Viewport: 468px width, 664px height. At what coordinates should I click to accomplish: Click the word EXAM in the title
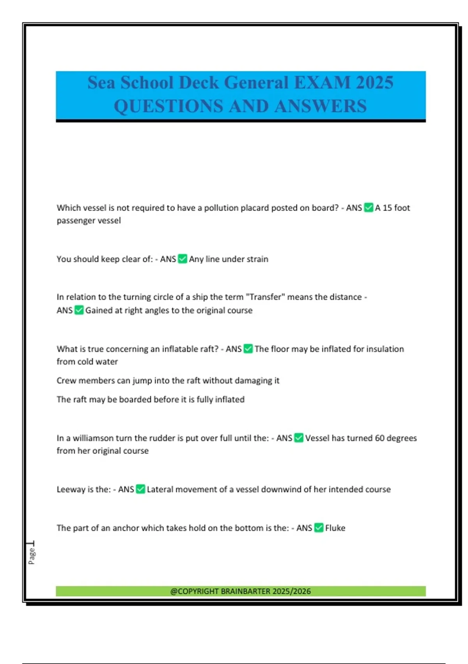coord(323,82)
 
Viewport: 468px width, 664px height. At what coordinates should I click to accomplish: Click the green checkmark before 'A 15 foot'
coord(368,207)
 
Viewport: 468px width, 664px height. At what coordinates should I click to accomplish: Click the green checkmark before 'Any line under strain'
coord(182,259)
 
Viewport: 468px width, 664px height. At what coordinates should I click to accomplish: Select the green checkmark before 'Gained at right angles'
coord(79,310)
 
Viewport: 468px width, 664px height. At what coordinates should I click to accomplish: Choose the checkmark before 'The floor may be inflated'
coord(248,349)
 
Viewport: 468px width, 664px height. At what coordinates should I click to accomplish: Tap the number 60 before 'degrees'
coord(380,438)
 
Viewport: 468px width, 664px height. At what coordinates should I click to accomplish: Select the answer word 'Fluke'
coord(335,528)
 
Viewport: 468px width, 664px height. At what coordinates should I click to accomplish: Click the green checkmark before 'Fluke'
coord(319,528)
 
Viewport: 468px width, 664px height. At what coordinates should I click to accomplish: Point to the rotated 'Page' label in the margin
coord(32,556)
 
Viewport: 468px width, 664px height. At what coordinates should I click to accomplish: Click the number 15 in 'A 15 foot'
coord(387,207)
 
